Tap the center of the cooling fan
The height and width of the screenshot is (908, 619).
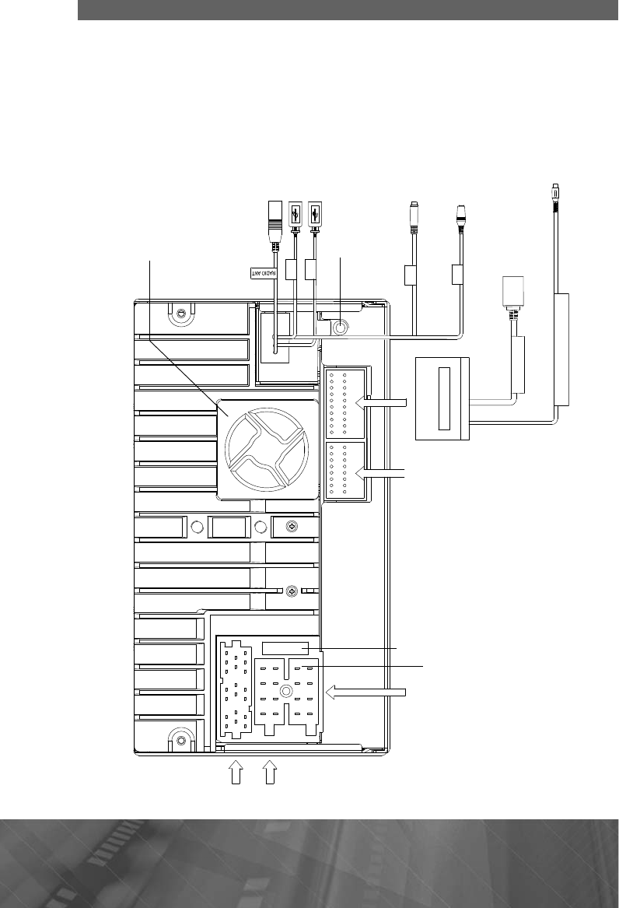click(x=267, y=447)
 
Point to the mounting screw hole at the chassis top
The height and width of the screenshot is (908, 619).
click(x=180, y=314)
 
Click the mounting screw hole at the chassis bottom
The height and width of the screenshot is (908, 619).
click(x=180, y=740)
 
